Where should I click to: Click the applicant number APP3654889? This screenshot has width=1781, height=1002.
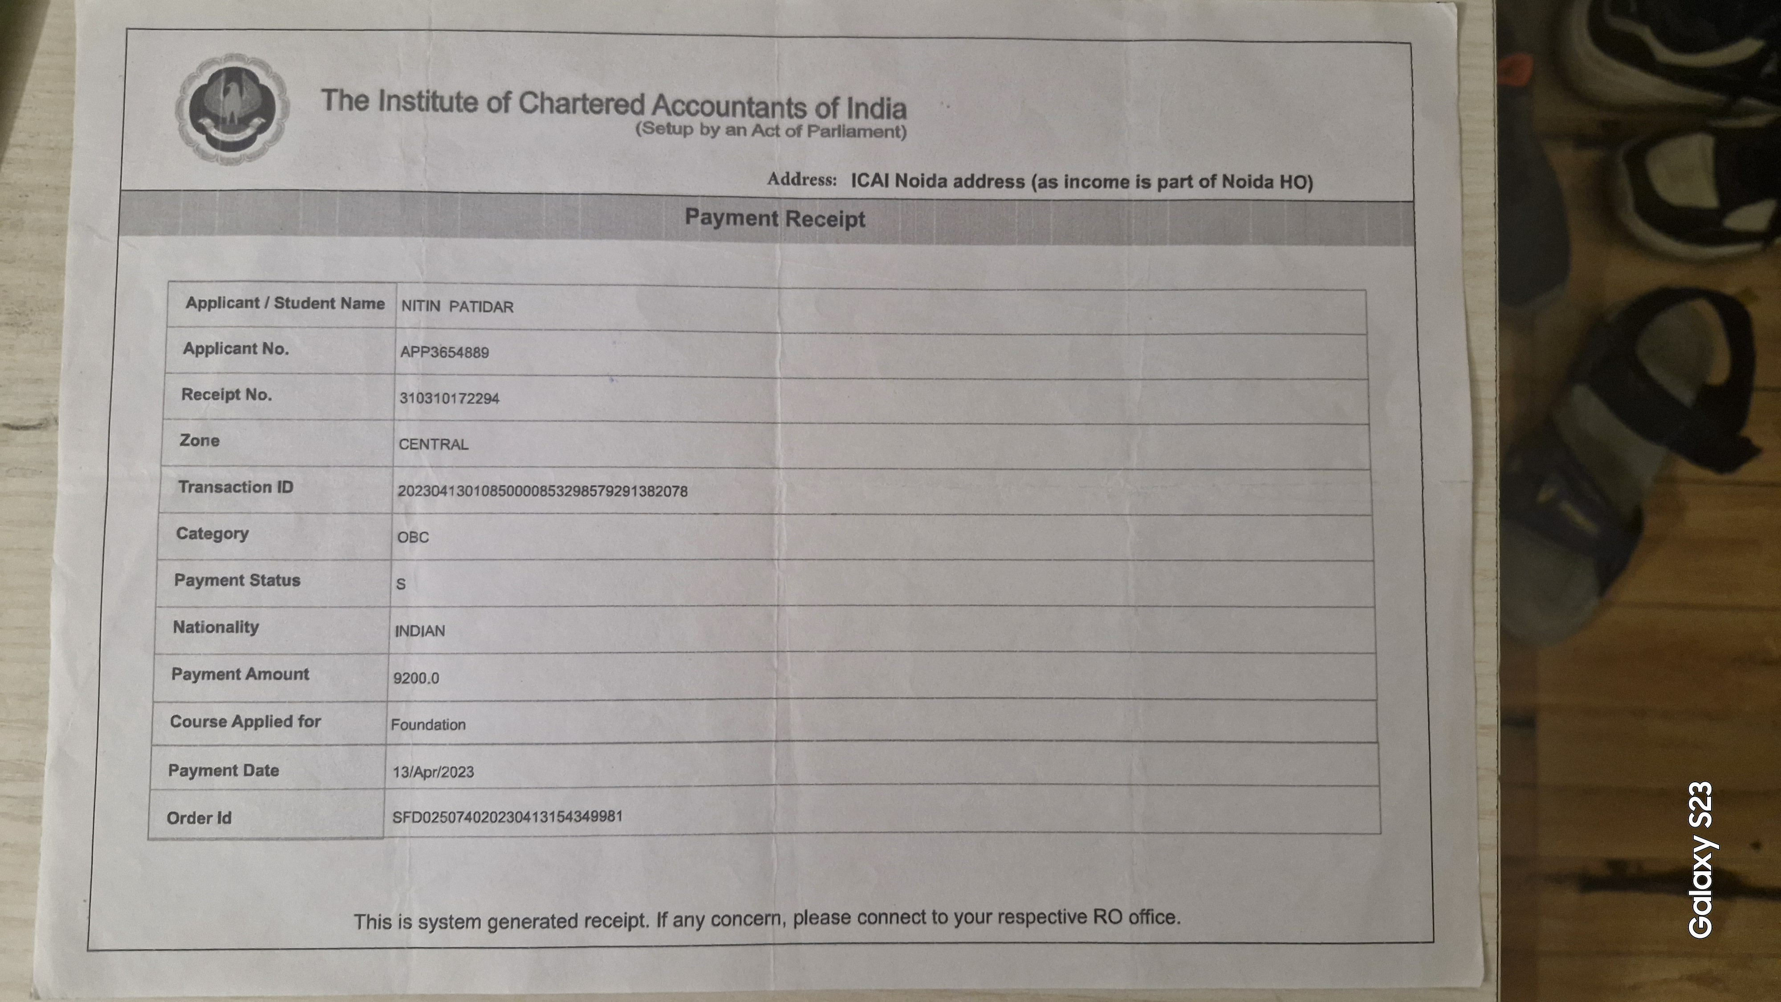pos(444,352)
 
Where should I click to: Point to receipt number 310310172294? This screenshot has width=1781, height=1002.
pos(449,398)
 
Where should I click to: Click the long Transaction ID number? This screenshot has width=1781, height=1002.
pos(542,491)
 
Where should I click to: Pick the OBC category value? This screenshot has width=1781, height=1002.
pos(413,537)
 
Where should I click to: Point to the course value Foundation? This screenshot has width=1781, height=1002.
pos(428,725)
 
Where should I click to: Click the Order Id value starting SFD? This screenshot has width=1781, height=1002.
pos(507,817)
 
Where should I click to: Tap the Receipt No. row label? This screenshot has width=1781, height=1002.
pos(226,395)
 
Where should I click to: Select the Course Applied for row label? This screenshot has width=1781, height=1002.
pos(245,721)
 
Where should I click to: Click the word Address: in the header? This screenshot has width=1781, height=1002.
pos(801,180)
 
